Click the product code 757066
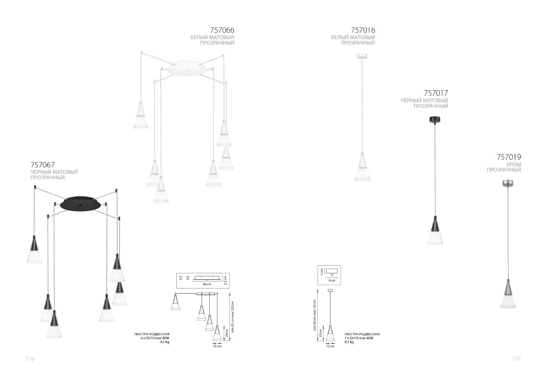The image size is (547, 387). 222,30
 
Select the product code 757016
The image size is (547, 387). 363,30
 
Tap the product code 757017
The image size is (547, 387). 436,93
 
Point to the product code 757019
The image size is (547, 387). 509,157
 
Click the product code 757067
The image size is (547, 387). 42,164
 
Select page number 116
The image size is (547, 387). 30,359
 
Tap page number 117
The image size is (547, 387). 517,359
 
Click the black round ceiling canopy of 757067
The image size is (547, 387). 80,203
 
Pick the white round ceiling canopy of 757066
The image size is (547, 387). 186,69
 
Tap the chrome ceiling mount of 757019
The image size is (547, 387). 507,183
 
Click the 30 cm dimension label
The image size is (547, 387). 207,284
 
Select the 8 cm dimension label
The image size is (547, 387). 332,281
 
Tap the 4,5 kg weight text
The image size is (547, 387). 165,342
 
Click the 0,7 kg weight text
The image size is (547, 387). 349,342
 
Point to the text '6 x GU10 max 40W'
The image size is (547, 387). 154,338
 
